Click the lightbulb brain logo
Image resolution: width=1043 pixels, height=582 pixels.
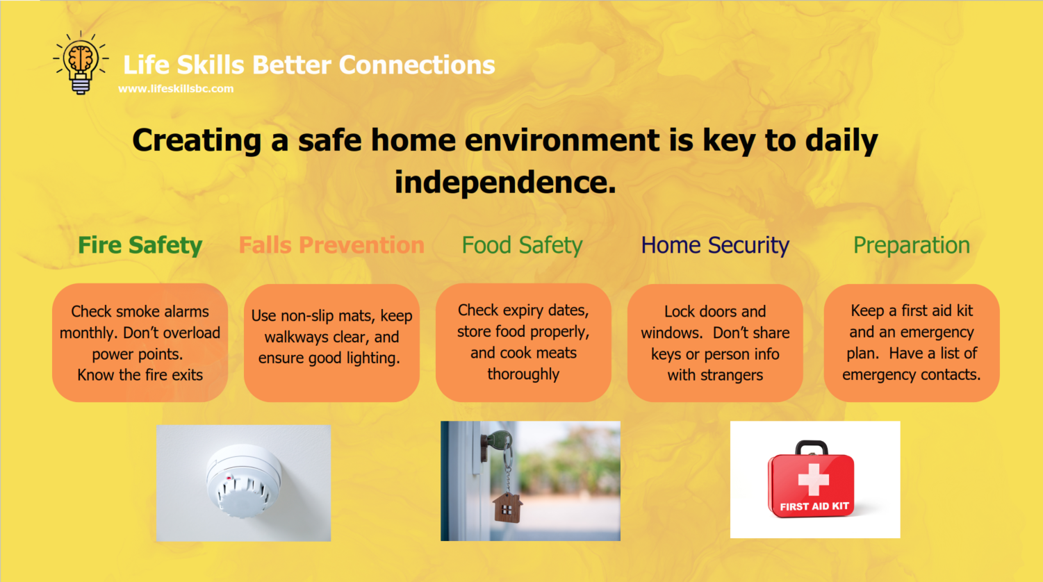pos(81,63)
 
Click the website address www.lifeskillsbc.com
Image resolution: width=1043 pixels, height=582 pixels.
pos(176,89)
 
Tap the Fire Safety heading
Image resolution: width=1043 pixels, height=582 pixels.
pos(140,245)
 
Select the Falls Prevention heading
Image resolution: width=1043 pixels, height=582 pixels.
pos(331,245)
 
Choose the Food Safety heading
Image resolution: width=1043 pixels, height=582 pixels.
pos(522,245)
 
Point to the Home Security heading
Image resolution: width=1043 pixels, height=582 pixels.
pos(715,245)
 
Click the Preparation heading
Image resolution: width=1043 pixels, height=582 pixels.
pos(911,245)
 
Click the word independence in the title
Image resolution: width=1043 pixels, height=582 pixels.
pos(505,182)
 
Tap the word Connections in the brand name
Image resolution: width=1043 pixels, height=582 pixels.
pos(417,65)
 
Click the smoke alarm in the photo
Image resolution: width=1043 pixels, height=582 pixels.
pos(243,481)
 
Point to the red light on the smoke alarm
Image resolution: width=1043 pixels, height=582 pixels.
pos(229,477)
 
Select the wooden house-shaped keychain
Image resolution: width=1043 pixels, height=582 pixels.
pos(507,508)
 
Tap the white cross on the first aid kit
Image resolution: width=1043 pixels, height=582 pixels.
pos(814,479)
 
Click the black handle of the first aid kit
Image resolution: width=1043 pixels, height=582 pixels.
pos(811,447)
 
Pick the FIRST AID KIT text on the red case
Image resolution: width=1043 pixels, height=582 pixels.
pos(814,506)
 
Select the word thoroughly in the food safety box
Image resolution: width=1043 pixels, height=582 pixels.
pos(523,374)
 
